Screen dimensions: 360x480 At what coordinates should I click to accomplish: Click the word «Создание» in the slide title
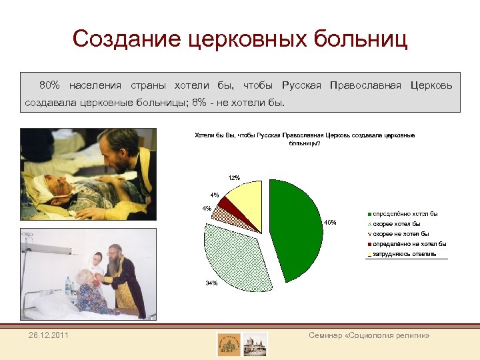127,39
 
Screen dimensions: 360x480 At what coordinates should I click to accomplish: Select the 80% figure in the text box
49,85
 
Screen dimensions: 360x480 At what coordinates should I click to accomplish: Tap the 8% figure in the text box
199,103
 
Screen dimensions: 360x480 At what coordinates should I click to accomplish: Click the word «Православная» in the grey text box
365,85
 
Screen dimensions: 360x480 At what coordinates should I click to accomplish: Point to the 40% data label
330,222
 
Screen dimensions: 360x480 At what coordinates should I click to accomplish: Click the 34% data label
211,283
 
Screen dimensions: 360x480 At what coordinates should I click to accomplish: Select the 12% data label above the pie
234,178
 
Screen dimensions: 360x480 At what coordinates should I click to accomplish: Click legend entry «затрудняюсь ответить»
404,254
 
